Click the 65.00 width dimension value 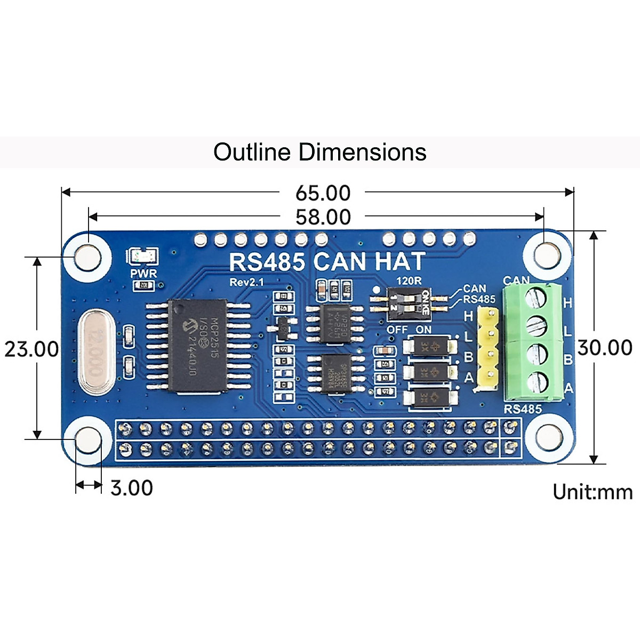tap(323, 193)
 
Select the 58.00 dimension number tap(323, 217)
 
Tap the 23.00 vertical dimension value tap(31, 349)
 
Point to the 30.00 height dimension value tap(605, 348)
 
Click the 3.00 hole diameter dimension tap(131, 487)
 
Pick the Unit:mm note tap(592, 491)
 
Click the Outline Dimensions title tap(319, 152)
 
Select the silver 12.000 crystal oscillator tap(97, 351)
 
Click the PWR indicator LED tap(143, 257)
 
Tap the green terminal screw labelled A tap(537, 382)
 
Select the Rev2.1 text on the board tap(246, 282)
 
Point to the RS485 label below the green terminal tap(523, 409)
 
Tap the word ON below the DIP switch tap(423, 330)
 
